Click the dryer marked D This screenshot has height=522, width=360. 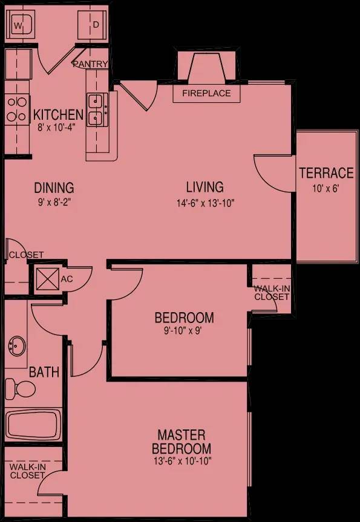point(92,25)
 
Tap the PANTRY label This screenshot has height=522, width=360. point(91,64)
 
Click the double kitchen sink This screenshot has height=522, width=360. point(97,109)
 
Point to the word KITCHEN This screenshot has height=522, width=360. point(58,115)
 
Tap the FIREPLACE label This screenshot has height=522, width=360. point(206,93)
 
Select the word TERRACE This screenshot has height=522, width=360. point(326,173)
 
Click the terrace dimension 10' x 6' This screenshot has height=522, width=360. point(326,189)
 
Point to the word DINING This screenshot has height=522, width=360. point(54,188)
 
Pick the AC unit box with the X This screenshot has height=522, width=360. point(47,279)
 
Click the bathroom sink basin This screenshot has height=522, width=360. point(16,346)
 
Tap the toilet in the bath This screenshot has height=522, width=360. point(20,388)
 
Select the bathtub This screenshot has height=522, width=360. point(33,425)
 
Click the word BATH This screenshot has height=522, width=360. point(44,372)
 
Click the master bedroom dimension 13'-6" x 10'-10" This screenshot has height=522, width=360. point(182,461)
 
